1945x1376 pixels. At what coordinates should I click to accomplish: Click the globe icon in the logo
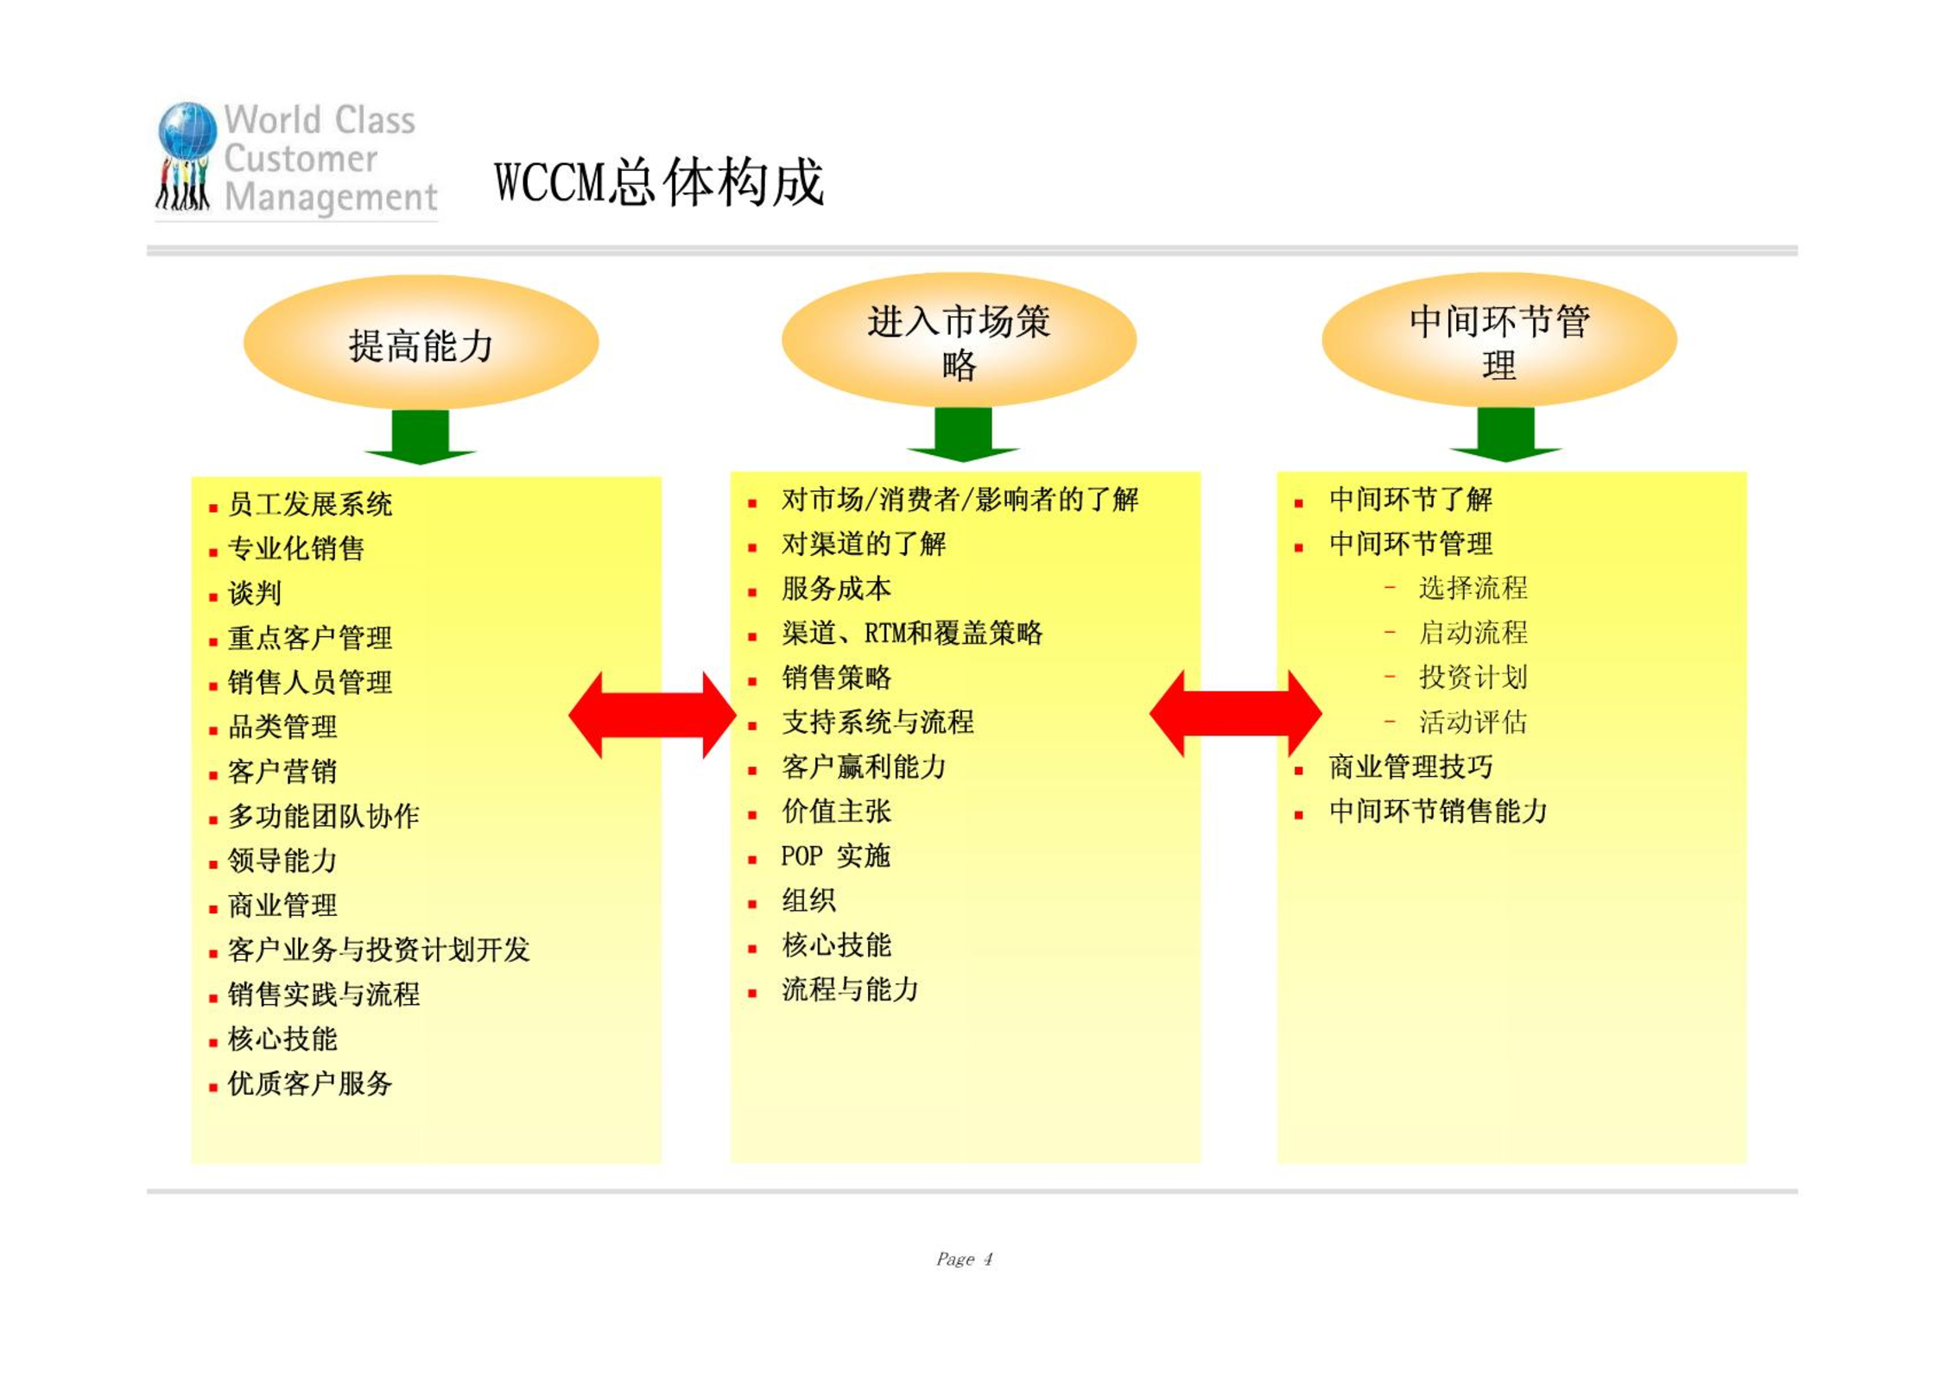point(187,130)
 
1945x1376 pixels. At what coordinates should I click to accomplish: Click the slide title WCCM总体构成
point(659,182)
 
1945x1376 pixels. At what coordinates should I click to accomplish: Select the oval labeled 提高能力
point(421,342)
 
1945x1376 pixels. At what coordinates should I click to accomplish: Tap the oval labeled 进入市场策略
point(959,339)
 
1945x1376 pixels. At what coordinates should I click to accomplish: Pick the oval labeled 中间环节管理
point(1499,339)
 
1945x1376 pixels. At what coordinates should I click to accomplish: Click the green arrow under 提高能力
point(421,437)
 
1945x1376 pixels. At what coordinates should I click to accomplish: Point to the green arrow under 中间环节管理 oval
point(1505,434)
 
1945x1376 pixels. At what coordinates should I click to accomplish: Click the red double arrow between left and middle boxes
point(652,715)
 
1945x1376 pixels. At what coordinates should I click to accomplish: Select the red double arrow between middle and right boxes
point(1235,714)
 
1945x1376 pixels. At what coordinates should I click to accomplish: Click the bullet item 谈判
point(255,593)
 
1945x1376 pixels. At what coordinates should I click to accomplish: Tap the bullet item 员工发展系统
point(310,504)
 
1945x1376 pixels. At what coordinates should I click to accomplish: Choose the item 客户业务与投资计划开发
point(379,950)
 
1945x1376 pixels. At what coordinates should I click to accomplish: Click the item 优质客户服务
point(310,1083)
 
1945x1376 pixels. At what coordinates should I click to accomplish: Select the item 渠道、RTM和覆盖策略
point(912,633)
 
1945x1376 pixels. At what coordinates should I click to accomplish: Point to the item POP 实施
point(835,855)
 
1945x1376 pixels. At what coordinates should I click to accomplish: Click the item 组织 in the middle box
point(808,900)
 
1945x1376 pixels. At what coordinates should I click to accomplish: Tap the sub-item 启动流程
point(1473,633)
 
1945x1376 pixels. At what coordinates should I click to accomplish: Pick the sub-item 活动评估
point(1473,722)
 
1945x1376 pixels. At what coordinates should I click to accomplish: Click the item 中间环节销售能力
point(1438,811)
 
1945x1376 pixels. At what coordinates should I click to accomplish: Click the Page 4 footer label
point(965,1259)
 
